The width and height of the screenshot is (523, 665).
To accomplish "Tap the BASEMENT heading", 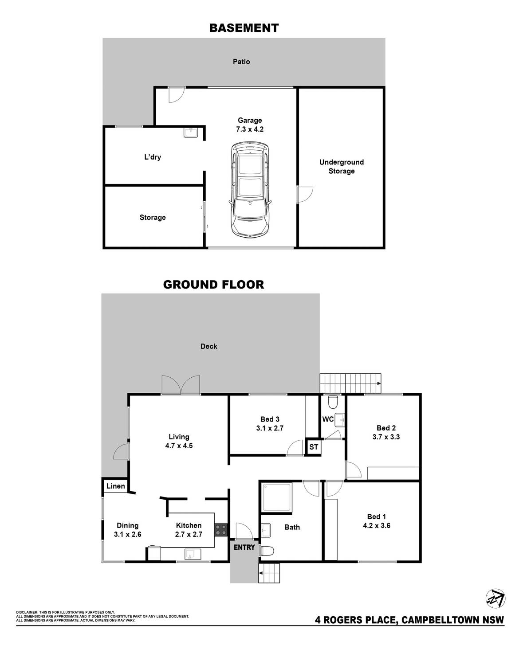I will (244, 28).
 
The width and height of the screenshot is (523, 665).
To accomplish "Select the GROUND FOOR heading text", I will (213, 284).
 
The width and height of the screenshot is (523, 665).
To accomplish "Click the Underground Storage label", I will (341, 167).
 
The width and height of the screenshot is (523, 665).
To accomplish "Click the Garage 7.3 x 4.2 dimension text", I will (250, 129).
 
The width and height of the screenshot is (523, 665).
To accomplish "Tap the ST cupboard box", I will (314, 447).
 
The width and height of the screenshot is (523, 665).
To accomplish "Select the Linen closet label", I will (115, 486).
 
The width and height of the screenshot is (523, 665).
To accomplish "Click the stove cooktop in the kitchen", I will (221, 530).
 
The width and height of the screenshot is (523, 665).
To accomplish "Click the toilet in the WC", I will (332, 403).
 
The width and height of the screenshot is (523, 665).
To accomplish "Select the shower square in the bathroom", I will (277, 498).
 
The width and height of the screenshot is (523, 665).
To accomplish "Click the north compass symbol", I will (495, 598).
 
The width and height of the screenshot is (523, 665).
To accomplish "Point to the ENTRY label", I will (244, 547).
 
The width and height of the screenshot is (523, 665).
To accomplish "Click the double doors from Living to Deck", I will (181, 385).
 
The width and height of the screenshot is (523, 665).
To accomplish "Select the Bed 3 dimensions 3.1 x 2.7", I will (269, 428).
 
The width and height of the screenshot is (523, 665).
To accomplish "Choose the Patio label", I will (241, 62).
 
